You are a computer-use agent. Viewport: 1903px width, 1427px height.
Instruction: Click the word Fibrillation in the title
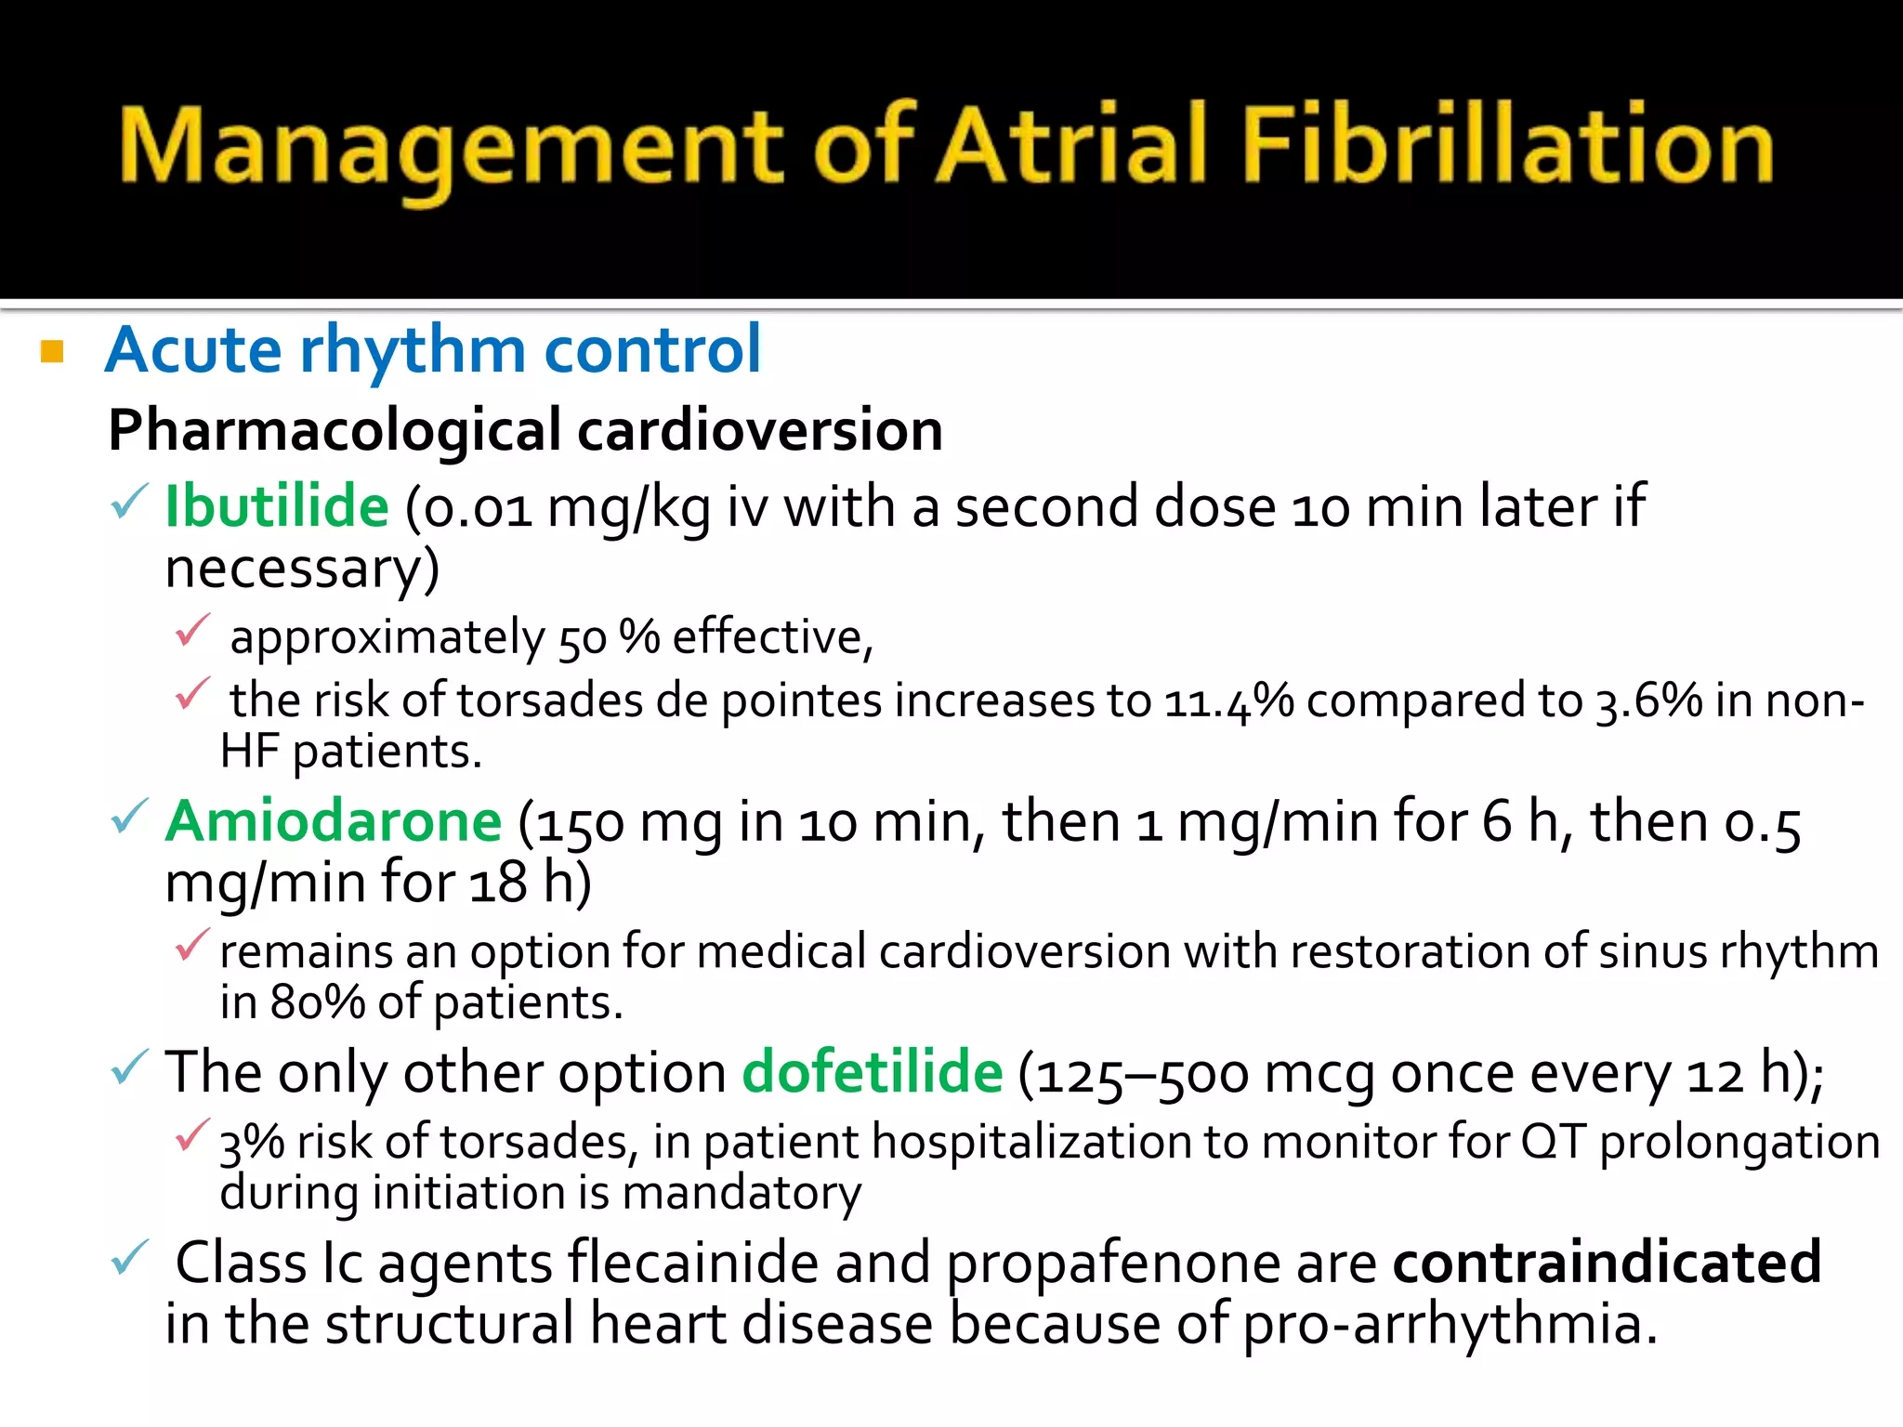[1507, 147]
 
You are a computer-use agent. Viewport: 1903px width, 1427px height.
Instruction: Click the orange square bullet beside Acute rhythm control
[52, 352]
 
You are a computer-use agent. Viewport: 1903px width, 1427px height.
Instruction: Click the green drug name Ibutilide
[276, 507]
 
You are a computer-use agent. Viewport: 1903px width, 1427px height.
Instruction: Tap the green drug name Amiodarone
[334, 822]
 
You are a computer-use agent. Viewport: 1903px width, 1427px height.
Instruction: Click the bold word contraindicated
[1607, 1263]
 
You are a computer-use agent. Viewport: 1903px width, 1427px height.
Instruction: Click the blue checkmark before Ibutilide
[128, 503]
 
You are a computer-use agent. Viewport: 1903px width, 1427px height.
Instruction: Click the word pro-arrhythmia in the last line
[1449, 1325]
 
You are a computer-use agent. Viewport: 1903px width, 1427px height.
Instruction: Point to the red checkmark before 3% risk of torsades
[192, 1135]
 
